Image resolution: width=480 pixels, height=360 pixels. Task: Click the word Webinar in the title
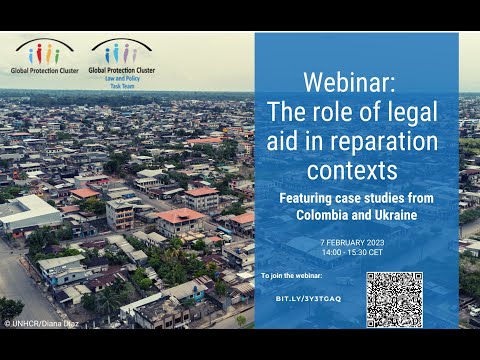356,80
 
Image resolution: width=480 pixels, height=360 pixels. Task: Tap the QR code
394,299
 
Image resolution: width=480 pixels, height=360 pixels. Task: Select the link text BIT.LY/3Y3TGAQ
308,298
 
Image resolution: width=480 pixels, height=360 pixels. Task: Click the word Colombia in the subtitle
326,215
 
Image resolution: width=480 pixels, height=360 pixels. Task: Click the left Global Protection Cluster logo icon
43,51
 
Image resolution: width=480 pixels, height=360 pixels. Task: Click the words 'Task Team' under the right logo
122,86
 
